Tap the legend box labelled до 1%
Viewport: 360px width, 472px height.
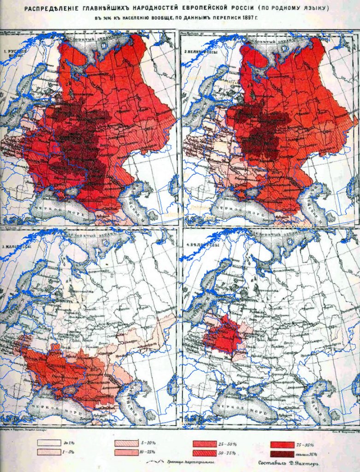point(49,443)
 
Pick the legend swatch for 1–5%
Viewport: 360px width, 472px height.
point(49,453)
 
